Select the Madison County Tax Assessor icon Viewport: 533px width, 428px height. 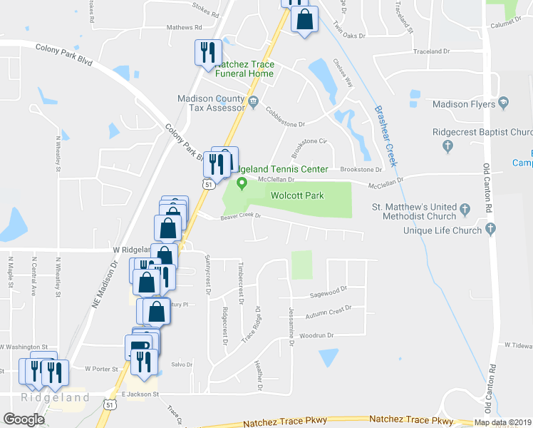click(x=253, y=102)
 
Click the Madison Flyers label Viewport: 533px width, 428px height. click(x=463, y=103)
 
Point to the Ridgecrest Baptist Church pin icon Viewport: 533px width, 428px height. click(x=448, y=146)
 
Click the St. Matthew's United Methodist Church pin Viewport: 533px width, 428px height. click(x=465, y=210)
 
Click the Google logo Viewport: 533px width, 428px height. click(x=24, y=419)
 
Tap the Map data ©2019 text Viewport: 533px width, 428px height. click(x=502, y=422)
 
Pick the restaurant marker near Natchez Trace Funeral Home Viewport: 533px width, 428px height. click(x=208, y=52)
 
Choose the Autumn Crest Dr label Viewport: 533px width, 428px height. click(x=328, y=310)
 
